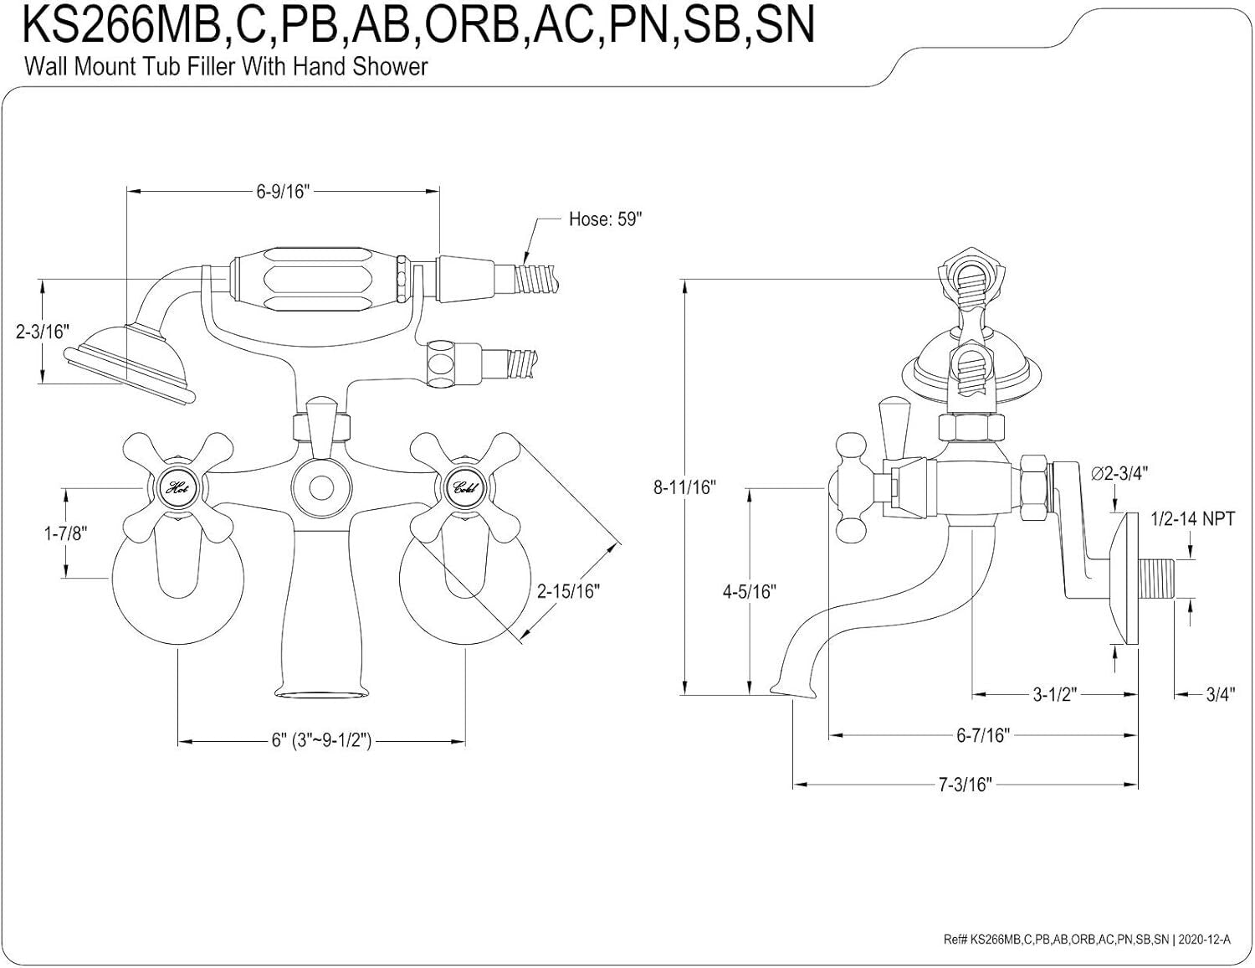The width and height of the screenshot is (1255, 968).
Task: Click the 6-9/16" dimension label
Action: (284, 191)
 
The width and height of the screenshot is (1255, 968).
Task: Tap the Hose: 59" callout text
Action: (605, 219)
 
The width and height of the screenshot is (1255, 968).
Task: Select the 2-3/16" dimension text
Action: (40, 332)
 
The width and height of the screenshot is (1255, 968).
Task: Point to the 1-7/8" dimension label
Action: (65, 533)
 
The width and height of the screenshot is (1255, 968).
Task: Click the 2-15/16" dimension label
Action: (569, 591)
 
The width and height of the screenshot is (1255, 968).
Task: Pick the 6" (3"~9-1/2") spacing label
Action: (321, 741)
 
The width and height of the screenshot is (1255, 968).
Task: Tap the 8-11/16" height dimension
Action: (685, 487)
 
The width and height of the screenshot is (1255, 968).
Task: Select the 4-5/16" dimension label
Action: (750, 591)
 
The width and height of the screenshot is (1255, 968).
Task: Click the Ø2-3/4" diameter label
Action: (1119, 472)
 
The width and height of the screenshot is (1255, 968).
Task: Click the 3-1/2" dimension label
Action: (1053, 694)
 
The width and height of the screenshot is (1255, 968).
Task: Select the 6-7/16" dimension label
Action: (983, 735)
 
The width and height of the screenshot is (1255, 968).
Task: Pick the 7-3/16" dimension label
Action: (965, 785)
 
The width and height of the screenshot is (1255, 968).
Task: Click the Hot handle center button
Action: (177, 487)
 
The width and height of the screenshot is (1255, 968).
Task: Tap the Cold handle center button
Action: (464, 487)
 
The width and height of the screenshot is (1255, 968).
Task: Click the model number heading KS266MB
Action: (418, 25)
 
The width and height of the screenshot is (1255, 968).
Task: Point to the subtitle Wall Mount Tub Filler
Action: (226, 66)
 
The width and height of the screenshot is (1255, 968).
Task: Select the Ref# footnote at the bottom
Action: (1087, 940)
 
